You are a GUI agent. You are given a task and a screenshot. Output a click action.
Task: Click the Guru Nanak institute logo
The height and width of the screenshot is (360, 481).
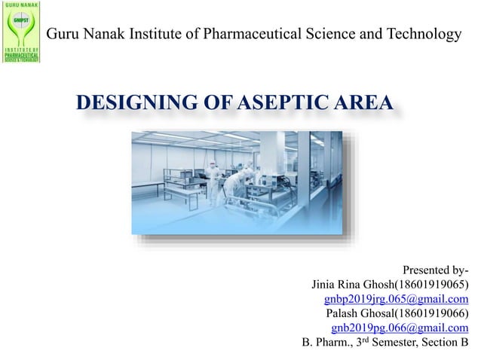click(x=22, y=34)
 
